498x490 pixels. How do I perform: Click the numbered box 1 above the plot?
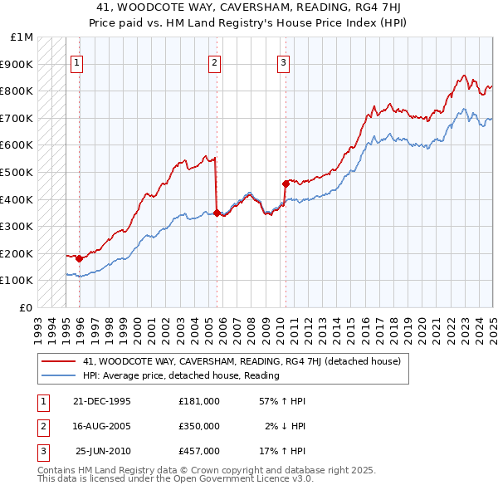tap(76, 61)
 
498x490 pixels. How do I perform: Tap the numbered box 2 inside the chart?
tap(214, 61)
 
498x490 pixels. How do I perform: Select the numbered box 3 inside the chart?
tap(283, 61)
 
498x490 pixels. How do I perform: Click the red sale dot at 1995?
tap(80, 258)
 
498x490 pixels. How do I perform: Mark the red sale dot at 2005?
tap(217, 213)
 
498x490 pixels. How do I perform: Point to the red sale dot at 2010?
tap(286, 184)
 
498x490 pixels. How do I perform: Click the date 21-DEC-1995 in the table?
tap(102, 400)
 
